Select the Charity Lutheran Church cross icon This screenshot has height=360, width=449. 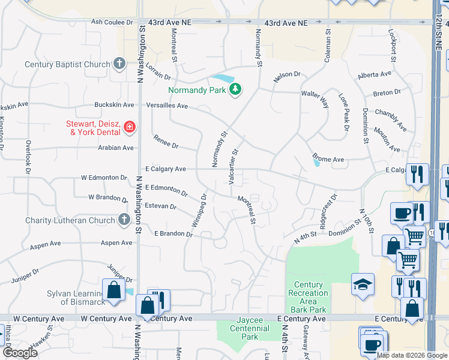[x=124, y=220]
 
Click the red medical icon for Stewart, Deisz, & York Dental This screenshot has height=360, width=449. [x=129, y=127]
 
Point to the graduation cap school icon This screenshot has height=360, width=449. [x=363, y=286]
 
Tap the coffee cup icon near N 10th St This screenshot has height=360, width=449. [x=401, y=213]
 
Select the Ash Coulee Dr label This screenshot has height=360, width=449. [x=112, y=22]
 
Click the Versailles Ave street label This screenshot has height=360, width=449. [x=167, y=105]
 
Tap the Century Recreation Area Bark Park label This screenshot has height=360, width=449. [x=308, y=297]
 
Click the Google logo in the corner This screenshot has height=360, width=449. [x=20, y=353]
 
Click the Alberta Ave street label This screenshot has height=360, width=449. [x=374, y=75]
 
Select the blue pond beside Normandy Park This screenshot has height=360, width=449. [x=222, y=79]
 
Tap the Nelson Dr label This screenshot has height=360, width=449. [x=286, y=74]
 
